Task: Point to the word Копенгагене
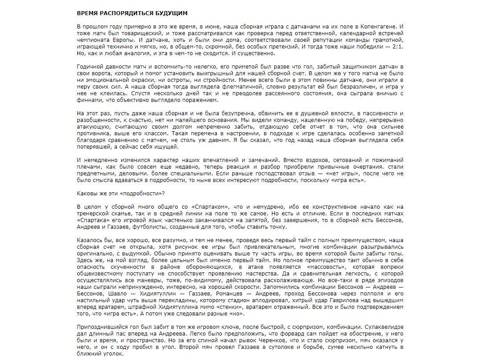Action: [x=379, y=27]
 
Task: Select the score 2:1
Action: [x=398, y=47]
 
